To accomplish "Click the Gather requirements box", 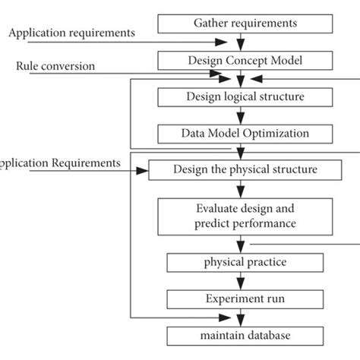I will [241, 23].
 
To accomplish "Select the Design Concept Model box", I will [241, 60].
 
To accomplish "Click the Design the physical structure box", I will [245, 169].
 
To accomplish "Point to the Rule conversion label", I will [55, 66].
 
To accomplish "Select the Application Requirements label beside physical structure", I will [60, 163].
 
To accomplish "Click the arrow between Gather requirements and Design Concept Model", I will [241, 42].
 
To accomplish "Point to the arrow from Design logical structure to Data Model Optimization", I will [241, 115].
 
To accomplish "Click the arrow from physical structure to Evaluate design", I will [241, 188].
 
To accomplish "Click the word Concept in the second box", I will [240, 60].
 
